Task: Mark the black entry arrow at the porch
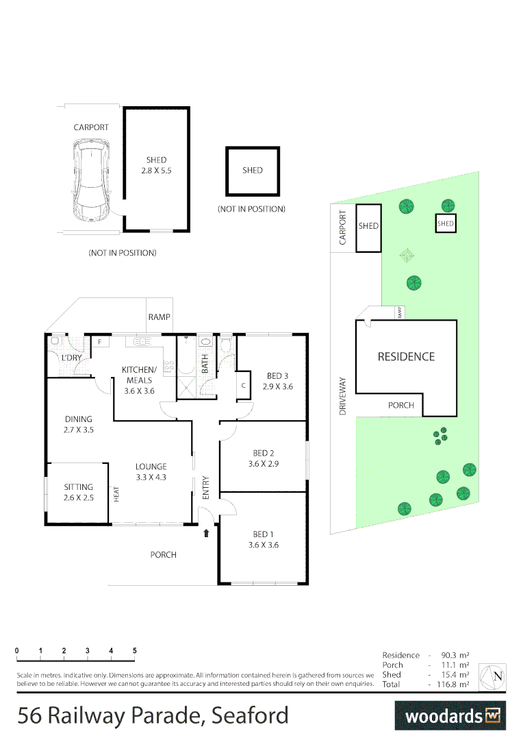pyautogui.click(x=207, y=532)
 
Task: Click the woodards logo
pyautogui.click(x=451, y=716)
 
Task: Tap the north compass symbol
pyautogui.click(x=493, y=677)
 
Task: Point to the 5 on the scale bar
pyautogui.click(x=134, y=650)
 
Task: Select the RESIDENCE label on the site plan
pyautogui.click(x=406, y=357)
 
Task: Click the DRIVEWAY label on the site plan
pyautogui.click(x=342, y=396)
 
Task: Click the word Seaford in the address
pyautogui.click(x=250, y=716)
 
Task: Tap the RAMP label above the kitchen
pyautogui.click(x=159, y=317)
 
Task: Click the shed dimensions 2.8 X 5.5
pyautogui.click(x=156, y=171)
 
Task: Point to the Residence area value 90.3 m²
pyautogui.click(x=455, y=656)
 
